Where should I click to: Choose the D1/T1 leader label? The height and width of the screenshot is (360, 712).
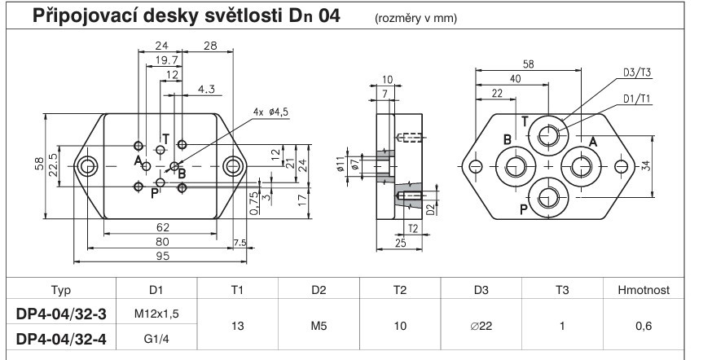coord(639,97)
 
